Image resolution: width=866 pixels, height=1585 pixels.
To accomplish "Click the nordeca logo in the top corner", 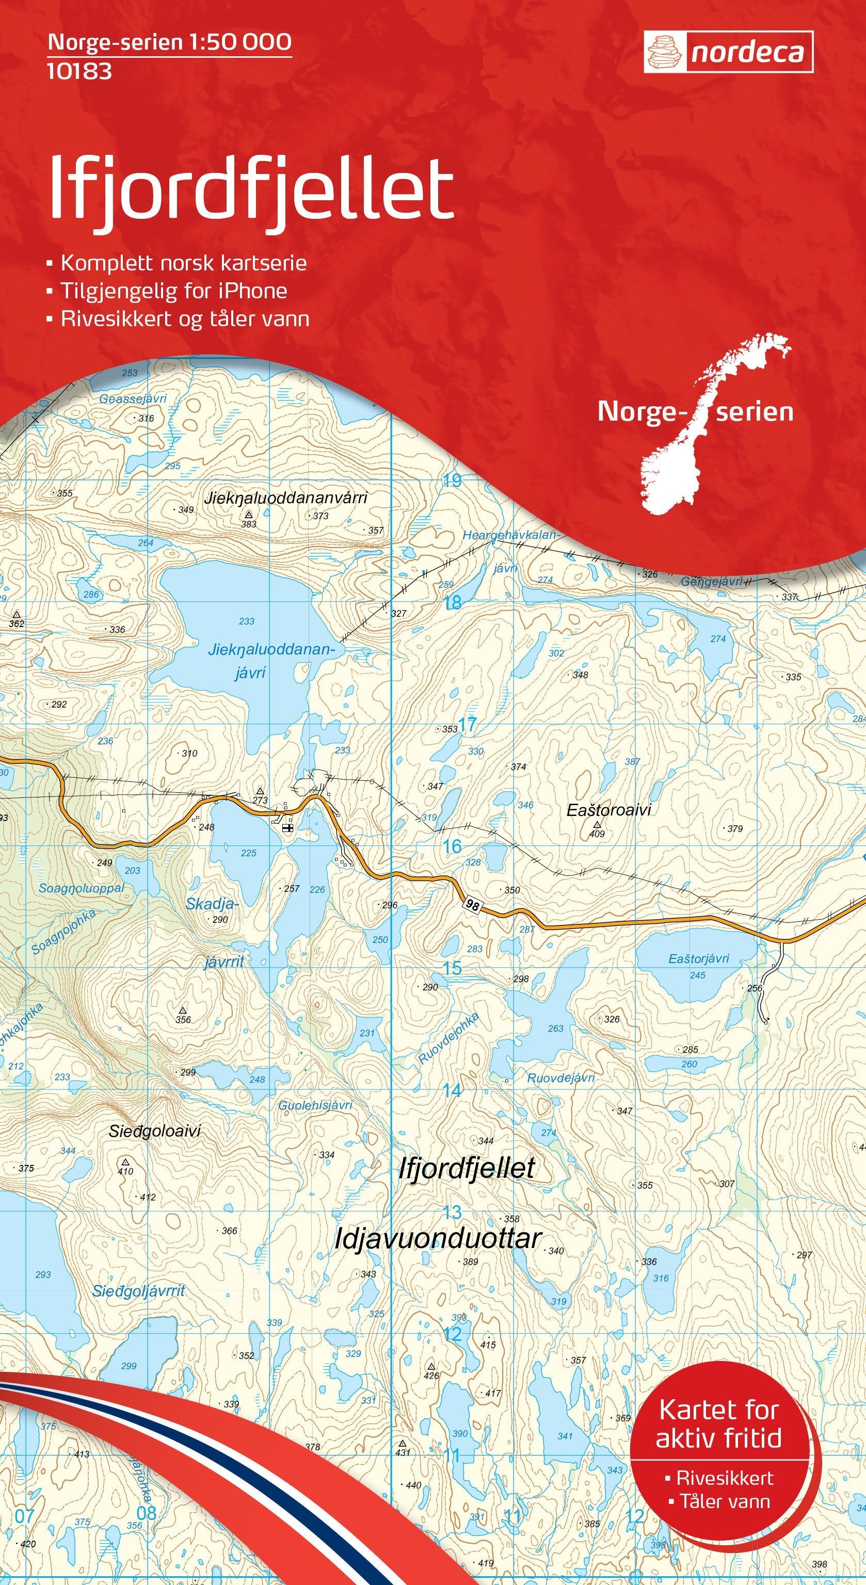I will coord(728,52).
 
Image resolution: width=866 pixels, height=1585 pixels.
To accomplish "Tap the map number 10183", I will coord(79,72).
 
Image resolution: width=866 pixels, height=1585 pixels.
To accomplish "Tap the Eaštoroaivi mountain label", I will coord(608,810).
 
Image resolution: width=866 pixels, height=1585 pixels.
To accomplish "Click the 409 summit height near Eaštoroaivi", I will coord(597,835).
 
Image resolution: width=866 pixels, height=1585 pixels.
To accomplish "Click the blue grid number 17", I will coord(468,725).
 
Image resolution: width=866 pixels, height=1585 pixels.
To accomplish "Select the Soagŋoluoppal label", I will coord(81,888).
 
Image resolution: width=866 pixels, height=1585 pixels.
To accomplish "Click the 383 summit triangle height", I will coord(248,524).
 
